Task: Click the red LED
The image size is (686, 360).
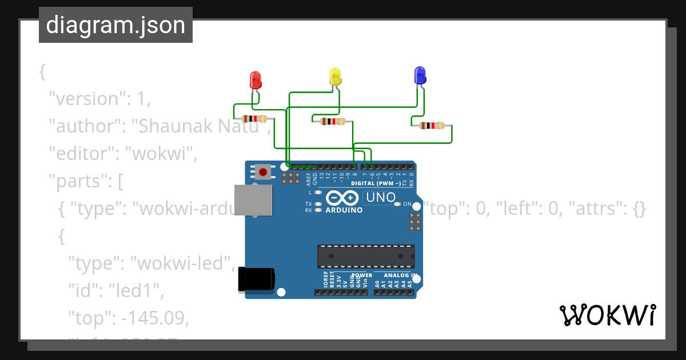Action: pyautogui.click(x=256, y=79)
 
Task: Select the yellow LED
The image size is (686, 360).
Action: pyautogui.click(x=335, y=77)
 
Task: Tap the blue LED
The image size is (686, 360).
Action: pyautogui.click(x=420, y=75)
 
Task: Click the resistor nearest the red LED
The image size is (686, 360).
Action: pyautogui.click(x=254, y=119)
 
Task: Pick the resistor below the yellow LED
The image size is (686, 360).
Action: pyautogui.click(x=333, y=121)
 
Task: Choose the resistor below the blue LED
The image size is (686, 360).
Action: pyautogui.click(x=432, y=126)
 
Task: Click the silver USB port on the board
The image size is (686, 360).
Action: pyautogui.click(x=253, y=199)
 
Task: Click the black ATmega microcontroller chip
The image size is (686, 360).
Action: pyautogui.click(x=366, y=256)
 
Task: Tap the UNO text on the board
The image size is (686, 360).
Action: pyautogui.click(x=380, y=197)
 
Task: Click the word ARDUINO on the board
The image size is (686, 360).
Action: pyautogui.click(x=344, y=210)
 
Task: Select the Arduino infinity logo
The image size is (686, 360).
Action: pyautogui.click(x=342, y=198)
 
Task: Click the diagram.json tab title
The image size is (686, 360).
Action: pyautogui.click(x=115, y=25)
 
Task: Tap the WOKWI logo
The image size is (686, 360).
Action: pyautogui.click(x=607, y=315)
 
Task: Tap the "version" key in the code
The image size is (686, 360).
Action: pyautogui.click(x=84, y=98)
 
